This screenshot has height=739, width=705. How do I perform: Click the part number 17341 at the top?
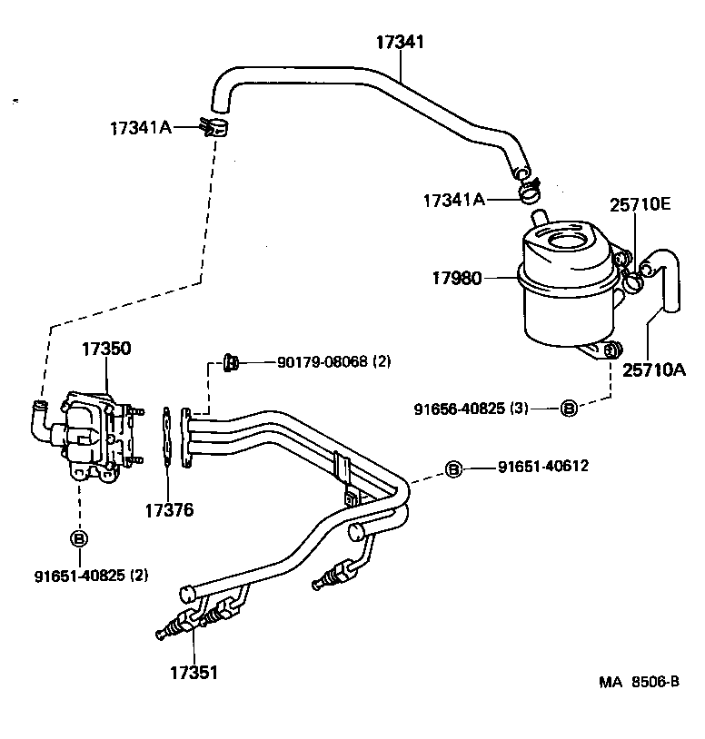[401, 42]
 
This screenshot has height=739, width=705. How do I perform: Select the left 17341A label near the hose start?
[140, 127]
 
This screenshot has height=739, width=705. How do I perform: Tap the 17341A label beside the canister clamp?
[454, 200]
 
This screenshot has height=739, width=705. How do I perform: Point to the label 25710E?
[640, 205]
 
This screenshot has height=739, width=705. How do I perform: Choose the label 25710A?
[653, 369]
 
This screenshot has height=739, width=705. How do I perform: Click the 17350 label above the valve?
[106, 349]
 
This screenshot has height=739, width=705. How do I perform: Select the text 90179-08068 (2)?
[333, 361]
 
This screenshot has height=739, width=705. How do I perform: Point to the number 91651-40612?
[543, 467]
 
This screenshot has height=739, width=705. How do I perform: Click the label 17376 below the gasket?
[168, 510]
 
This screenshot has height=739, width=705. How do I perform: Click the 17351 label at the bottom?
[193, 673]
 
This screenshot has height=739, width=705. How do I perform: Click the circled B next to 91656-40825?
[568, 408]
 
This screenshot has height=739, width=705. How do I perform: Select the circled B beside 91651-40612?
[454, 468]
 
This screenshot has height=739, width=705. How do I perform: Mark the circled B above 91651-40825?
[79, 538]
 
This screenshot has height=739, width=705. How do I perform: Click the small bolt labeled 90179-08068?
[230, 363]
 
